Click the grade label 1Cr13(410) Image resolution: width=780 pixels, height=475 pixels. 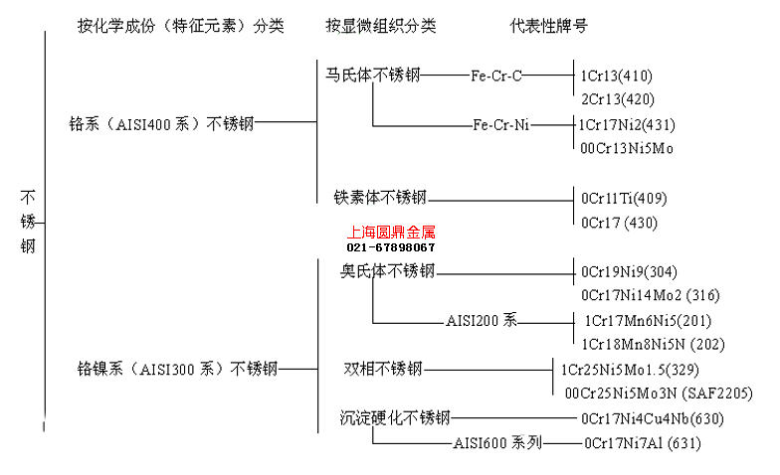(617, 75)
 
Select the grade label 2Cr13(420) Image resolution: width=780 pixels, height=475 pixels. (617, 98)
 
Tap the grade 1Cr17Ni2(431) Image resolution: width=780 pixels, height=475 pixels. (627, 124)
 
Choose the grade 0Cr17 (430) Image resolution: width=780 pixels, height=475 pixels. (620, 223)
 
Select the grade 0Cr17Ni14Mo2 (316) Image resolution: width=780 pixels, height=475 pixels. (651, 294)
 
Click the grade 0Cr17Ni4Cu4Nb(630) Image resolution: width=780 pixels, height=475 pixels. (653, 417)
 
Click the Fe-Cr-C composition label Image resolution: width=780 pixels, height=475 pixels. (497, 75)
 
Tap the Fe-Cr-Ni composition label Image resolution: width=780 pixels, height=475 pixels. (501, 124)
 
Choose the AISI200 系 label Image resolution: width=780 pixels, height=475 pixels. (483, 320)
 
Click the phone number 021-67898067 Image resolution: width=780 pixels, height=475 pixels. (391, 246)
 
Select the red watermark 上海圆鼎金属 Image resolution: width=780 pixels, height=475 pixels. (391, 233)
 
